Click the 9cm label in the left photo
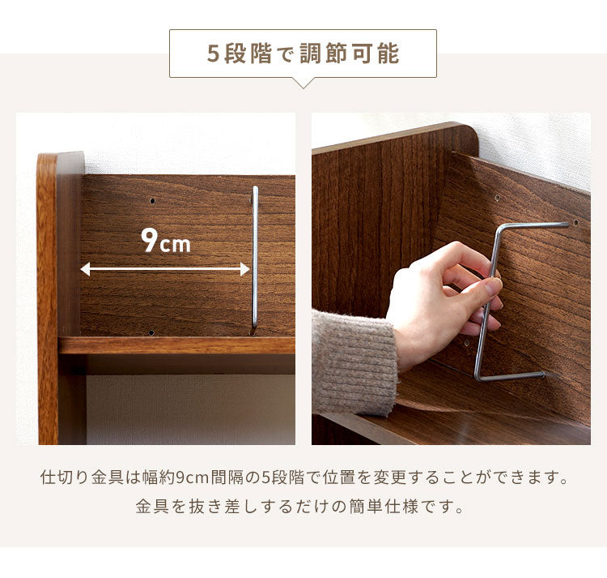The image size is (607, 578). tap(166, 241)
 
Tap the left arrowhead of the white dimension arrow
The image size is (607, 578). tap(85, 269)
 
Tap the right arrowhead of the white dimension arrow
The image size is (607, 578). tap(244, 269)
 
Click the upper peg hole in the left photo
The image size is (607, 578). tap(152, 201)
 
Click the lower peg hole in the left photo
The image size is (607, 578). tap(151, 332)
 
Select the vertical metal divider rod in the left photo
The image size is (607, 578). tap(255, 259)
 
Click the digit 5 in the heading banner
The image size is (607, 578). tap(213, 54)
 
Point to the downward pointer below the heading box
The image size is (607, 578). tap(303, 83)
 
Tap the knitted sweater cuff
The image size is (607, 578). tap(354, 362)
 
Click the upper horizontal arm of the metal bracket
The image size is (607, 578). tap(534, 225)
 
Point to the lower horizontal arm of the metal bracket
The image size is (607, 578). tap(511, 376)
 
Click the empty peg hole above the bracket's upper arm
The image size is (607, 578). tap(498, 198)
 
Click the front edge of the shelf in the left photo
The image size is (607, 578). tap(176, 345)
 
